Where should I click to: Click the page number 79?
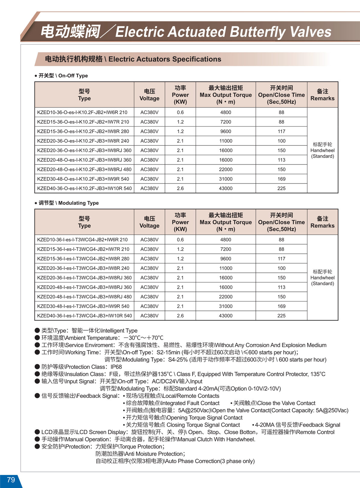pyautogui.click(x=11, y=480)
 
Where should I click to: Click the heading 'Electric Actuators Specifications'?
pyautogui.click(x=165, y=59)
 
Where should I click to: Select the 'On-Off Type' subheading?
pyautogui.click(x=73, y=76)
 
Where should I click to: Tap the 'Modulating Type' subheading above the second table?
pyautogui.click(x=78, y=203)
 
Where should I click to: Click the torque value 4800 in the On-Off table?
pyautogui.click(x=226, y=112)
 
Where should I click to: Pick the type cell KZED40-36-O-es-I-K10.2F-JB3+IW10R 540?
pyautogui.click(x=84, y=188)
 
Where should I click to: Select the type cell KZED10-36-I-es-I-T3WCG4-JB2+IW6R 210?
pyautogui.click(x=82, y=240)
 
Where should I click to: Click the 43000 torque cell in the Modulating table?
pyautogui.click(x=226, y=316)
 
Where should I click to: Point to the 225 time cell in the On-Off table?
pyautogui.click(x=281, y=188)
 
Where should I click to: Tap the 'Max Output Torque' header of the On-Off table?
pyautogui.click(x=226, y=95)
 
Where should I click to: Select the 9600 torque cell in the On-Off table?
pyautogui.click(x=226, y=131)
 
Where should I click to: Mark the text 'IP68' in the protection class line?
pyautogui.click(x=116, y=367)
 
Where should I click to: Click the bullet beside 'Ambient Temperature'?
pyautogui.click(x=37, y=338)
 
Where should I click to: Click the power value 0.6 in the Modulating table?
pyautogui.click(x=180, y=240)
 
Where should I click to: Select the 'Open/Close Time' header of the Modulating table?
pyautogui.click(x=281, y=222)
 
